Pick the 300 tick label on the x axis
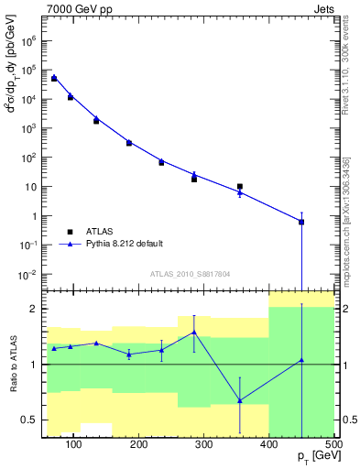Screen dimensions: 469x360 204,444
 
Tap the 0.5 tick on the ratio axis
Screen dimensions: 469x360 33,420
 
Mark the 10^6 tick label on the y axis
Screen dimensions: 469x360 29,40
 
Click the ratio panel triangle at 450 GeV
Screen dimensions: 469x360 301,360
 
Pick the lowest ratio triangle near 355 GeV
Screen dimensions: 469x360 240,400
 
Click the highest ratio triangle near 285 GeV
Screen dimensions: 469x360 194,333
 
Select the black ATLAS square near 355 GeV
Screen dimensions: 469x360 240,187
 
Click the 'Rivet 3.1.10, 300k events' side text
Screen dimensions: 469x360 345,64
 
